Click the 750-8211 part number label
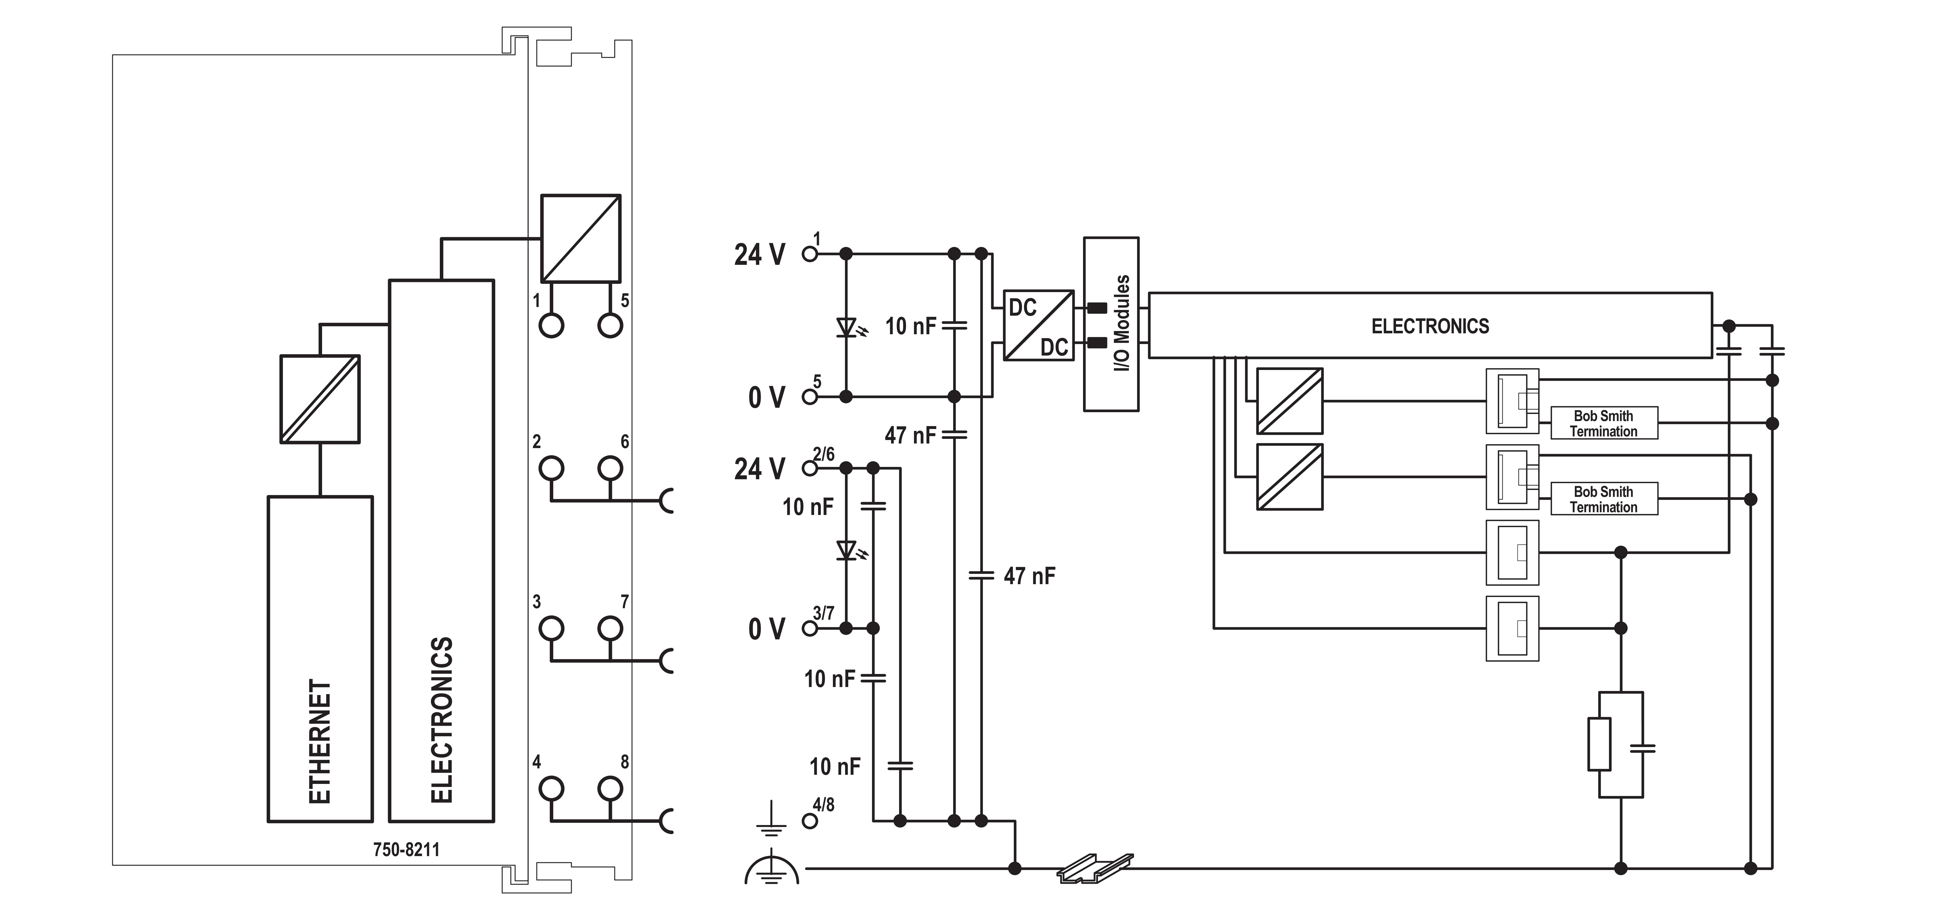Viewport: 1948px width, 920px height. [x=406, y=850]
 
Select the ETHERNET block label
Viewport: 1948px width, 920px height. [x=320, y=741]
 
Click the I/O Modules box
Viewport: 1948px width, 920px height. [x=1111, y=324]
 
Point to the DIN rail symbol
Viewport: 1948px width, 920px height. [x=1095, y=869]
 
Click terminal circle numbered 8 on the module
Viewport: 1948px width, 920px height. [x=610, y=789]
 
